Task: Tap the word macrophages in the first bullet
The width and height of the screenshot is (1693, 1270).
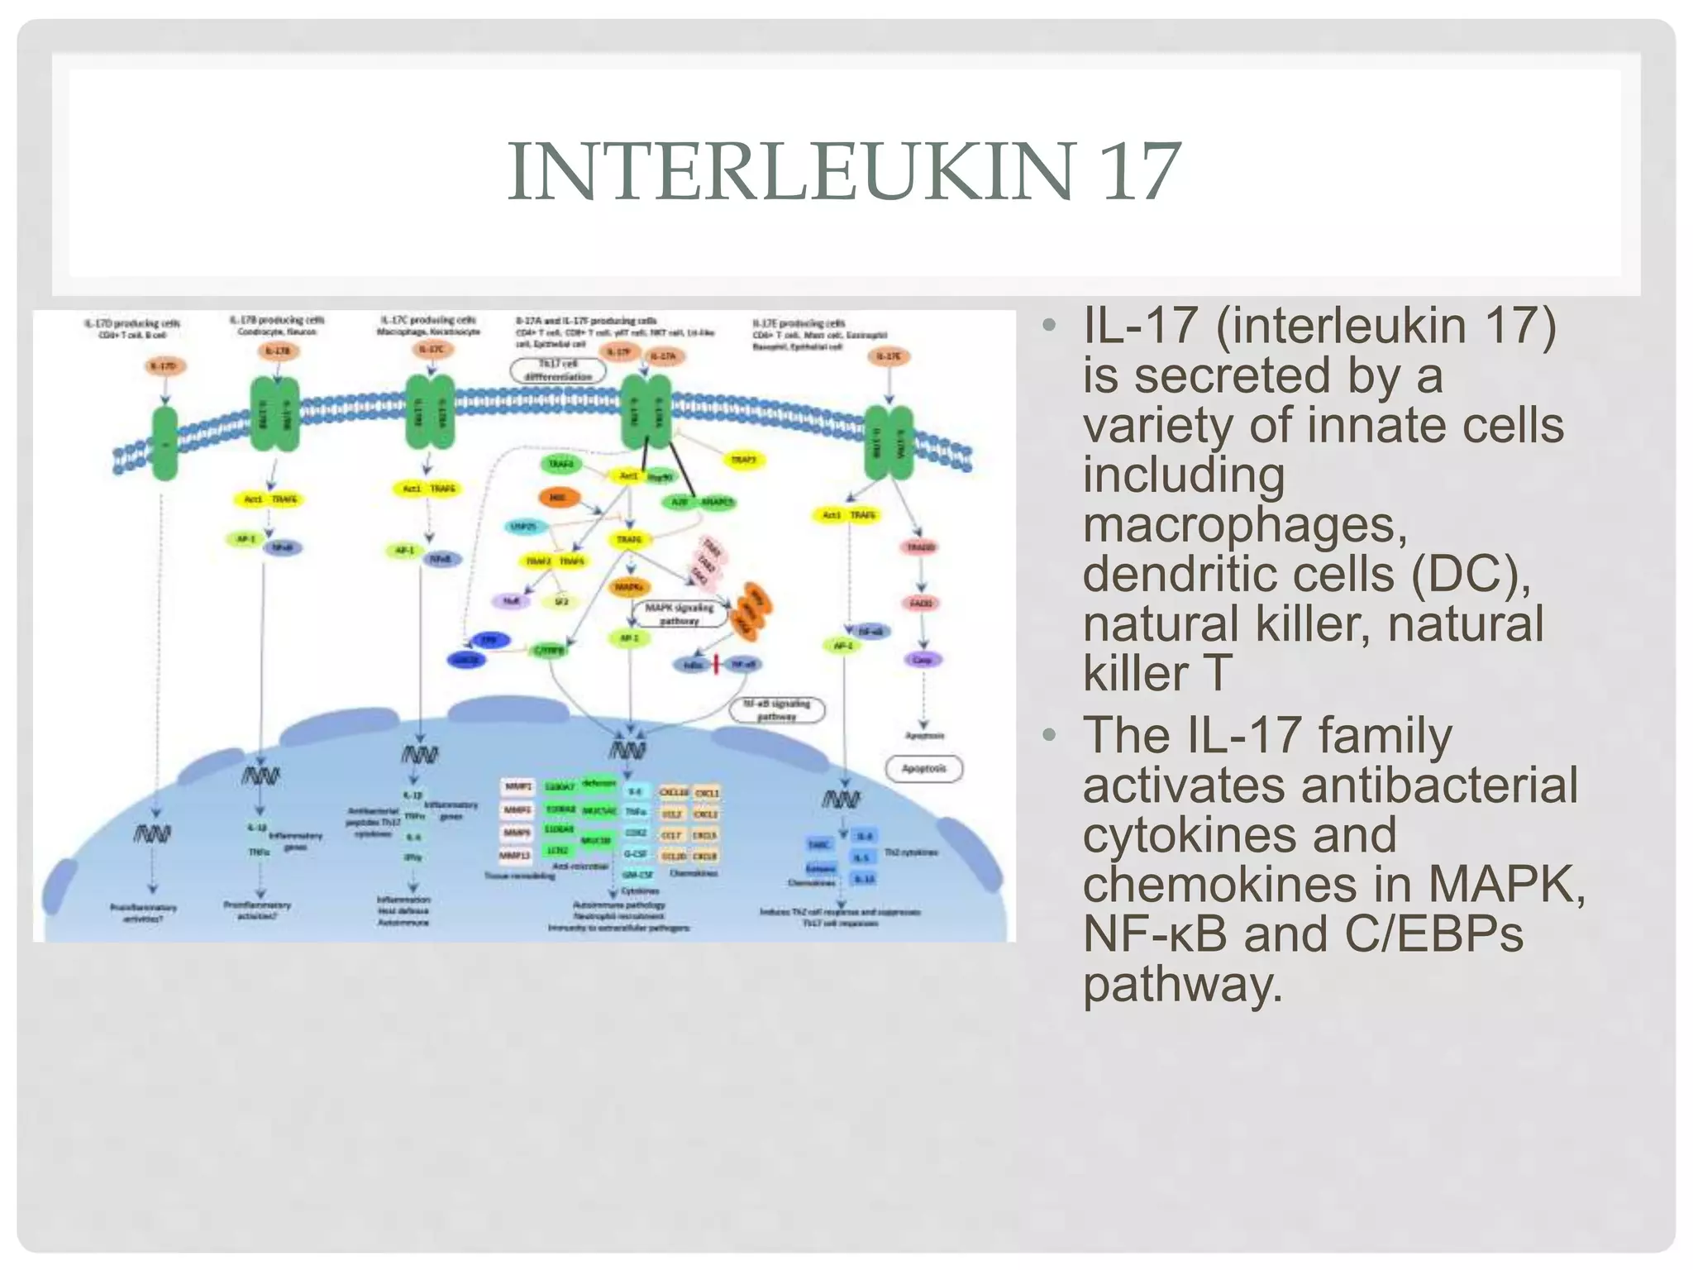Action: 1244,525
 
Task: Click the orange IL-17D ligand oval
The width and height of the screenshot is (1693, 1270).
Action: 165,365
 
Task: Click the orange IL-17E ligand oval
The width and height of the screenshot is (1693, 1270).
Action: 889,356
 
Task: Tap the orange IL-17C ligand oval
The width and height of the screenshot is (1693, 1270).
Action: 431,350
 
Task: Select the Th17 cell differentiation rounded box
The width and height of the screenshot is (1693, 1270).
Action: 558,370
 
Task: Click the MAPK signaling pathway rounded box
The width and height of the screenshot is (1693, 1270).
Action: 680,614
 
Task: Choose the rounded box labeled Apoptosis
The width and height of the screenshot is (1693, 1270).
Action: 923,769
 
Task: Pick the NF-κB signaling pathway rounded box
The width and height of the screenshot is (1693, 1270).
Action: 777,709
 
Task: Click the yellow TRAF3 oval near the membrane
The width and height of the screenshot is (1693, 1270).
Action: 743,460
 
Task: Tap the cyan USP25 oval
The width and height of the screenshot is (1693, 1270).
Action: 524,526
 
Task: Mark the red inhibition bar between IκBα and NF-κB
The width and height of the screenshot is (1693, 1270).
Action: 716,664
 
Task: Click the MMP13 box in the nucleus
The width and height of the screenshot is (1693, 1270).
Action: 516,855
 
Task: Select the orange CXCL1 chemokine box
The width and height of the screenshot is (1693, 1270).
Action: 706,792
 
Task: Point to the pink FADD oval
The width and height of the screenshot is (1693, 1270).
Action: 921,604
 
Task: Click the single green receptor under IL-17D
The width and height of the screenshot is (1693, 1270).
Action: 165,443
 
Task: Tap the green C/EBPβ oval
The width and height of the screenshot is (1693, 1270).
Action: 549,651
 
